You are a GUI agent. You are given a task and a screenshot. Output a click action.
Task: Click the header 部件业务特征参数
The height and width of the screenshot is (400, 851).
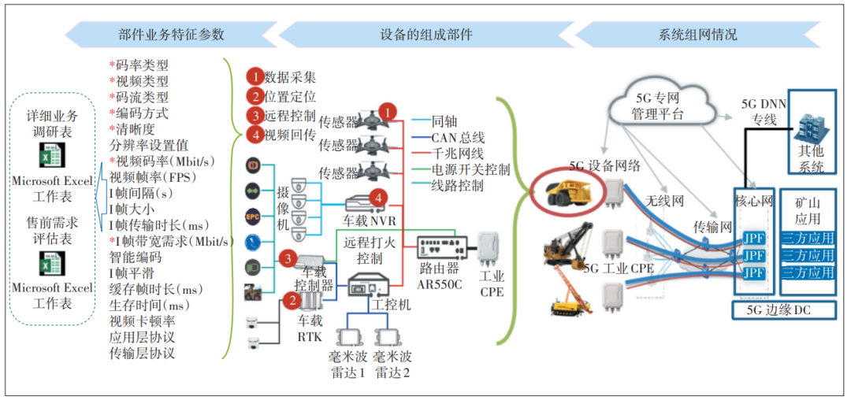(x=171, y=35)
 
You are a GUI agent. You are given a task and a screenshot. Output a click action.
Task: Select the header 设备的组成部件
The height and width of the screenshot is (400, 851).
(x=426, y=35)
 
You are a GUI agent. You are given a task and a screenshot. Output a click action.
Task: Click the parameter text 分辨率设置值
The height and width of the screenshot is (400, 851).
(x=148, y=144)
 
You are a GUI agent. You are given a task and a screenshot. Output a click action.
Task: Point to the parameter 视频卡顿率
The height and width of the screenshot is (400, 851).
(x=142, y=320)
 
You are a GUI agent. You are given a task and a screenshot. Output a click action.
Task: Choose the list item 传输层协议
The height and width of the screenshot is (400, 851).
(x=142, y=353)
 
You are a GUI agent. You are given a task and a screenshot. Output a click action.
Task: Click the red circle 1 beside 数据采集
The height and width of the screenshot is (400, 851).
(x=254, y=76)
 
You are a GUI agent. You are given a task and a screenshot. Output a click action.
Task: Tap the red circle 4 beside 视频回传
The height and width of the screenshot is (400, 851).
(x=254, y=134)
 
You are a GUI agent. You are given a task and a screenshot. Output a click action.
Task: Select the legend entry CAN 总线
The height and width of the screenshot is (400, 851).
(x=459, y=138)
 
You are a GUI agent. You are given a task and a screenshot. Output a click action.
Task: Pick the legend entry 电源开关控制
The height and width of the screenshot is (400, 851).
(x=470, y=169)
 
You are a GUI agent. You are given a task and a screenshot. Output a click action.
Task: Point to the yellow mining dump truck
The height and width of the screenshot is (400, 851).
(x=571, y=191)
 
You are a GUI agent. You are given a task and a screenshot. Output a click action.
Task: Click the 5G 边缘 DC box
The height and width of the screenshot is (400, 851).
(x=782, y=310)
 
